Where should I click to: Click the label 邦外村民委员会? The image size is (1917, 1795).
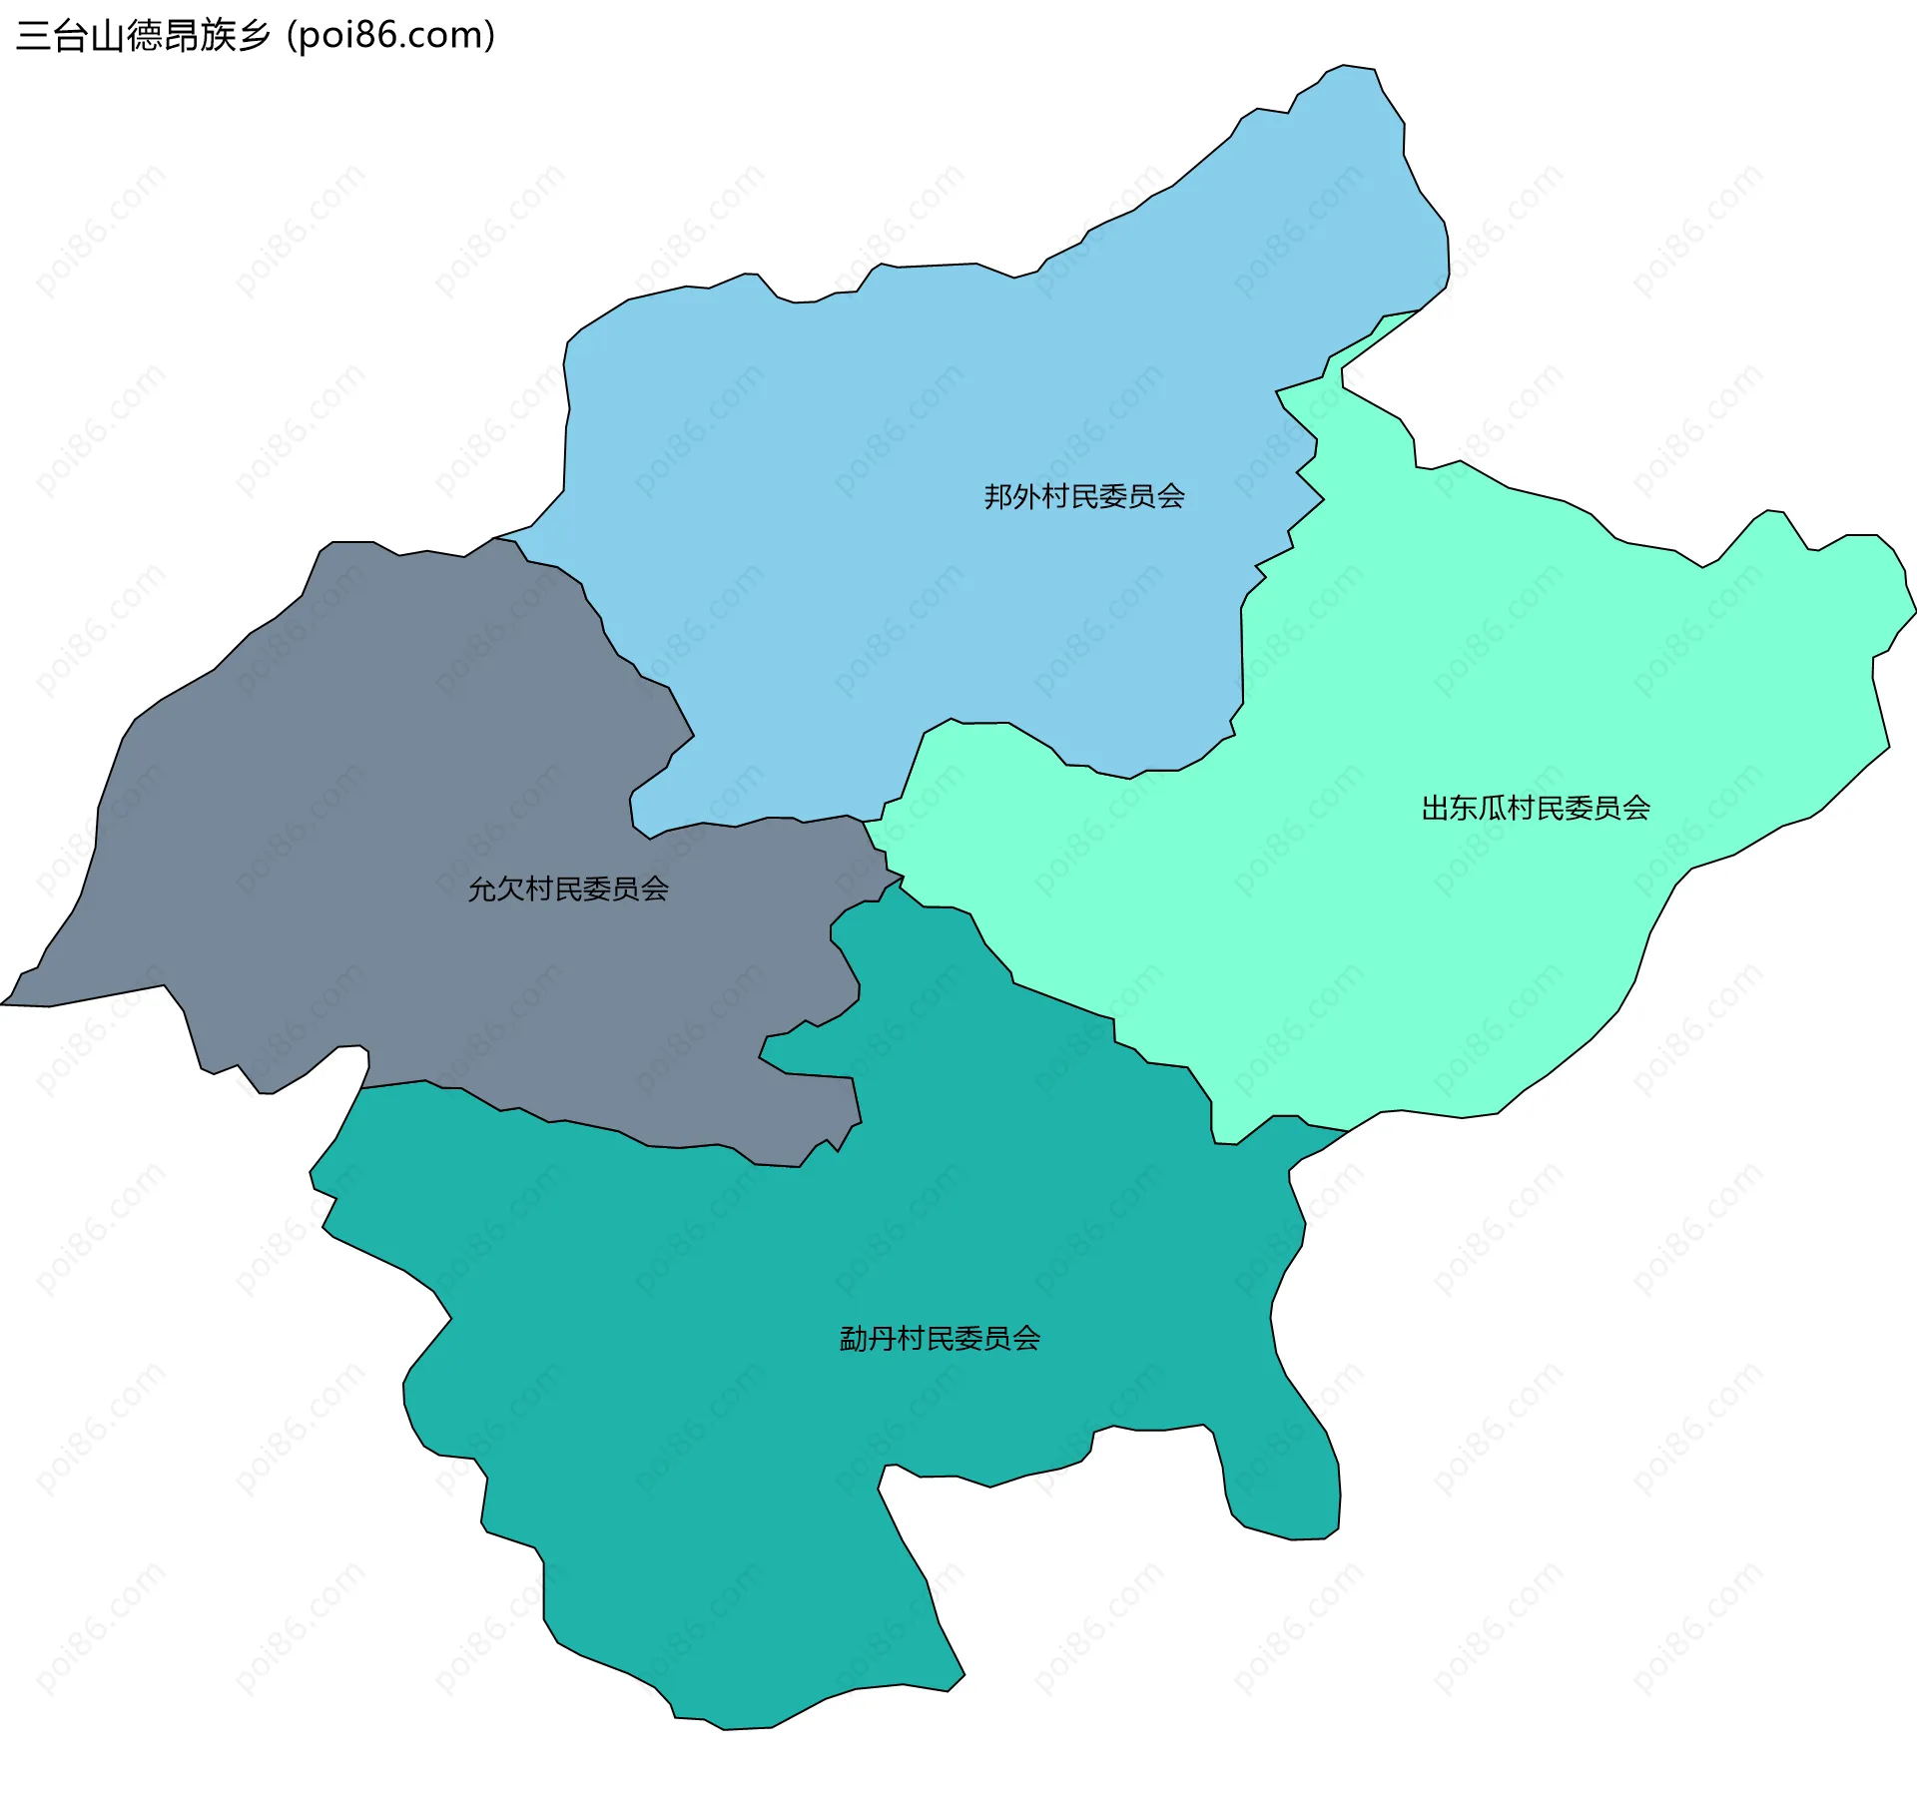(x=1084, y=496)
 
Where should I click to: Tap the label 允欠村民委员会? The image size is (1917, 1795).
(x=568, y=889)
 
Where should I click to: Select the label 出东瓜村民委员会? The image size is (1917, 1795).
(x=1536, y=808)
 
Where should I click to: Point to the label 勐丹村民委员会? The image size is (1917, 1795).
(x=940, y=1338)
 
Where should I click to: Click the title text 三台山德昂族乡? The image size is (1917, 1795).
(x=144, y=36)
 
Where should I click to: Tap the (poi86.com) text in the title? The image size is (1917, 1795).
(x=391, y=36)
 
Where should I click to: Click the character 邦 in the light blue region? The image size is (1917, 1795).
(x=998, y=496)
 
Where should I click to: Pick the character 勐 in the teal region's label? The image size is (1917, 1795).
(x=854, y=1338)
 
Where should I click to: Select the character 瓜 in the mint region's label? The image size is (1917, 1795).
(x=1493, y=808)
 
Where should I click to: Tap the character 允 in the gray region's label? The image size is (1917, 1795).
(x=482, y=889)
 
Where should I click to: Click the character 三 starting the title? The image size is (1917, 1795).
(x=33, y=36)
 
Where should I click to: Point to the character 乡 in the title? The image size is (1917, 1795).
(x=254, y=36)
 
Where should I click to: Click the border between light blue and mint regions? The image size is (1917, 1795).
(x=1242, y=649)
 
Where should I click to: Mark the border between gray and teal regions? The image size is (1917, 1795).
(x=599, y=1128)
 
